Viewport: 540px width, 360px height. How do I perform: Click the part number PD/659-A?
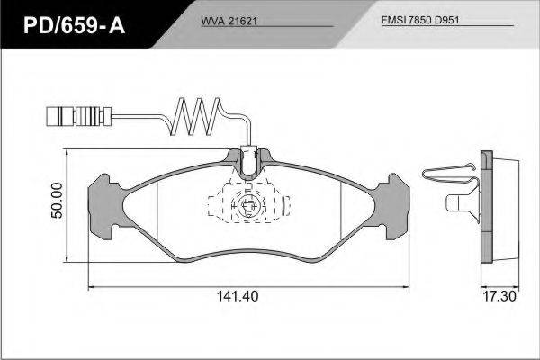pos(74,25)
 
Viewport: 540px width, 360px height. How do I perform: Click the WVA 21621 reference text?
pos(229,21)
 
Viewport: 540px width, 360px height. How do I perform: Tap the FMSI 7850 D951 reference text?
pos(420,20)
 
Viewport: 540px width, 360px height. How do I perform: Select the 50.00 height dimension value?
pos(58,200)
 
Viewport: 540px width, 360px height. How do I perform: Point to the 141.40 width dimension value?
pos(238,296)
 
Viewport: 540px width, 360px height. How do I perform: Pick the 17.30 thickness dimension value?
pos(499,296)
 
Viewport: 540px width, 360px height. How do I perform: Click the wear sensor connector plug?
pos(78,117)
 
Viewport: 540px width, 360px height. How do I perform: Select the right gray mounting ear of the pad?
pos(391,207)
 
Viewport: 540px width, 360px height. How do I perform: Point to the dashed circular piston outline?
pos(247,206)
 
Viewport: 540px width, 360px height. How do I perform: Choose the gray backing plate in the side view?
pos(487,207)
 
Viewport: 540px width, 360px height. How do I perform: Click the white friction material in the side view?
pos(506,209)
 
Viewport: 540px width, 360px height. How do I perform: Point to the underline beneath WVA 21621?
pos(267,26)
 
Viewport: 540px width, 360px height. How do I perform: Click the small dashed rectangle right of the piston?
pos(286,206)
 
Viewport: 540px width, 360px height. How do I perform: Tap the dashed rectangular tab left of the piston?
pos(216,206)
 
